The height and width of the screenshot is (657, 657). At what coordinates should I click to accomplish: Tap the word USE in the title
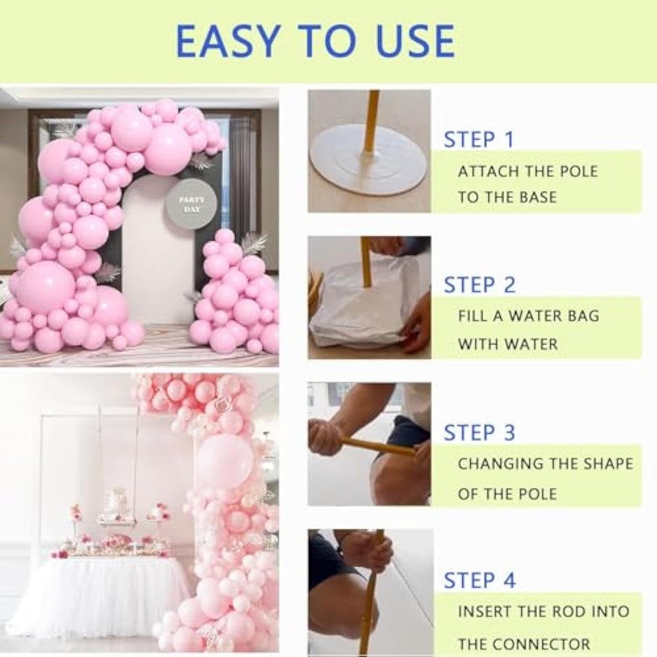(x=415, y=41)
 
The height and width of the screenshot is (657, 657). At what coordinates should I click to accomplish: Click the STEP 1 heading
(x=479, y=139)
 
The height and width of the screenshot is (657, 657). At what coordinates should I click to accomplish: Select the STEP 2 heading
(x=480, y=285)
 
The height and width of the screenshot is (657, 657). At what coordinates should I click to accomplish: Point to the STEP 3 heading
(x=480, y=432)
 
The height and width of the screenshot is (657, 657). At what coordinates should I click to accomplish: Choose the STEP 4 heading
(x=480, y=580)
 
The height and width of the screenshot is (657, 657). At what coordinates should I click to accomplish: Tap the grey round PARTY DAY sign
(x=192, y=204)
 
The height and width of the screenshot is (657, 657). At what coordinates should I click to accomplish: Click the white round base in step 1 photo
(x=368, y=160)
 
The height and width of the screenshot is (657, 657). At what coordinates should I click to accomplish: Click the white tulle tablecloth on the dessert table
(x=99, y=590)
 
